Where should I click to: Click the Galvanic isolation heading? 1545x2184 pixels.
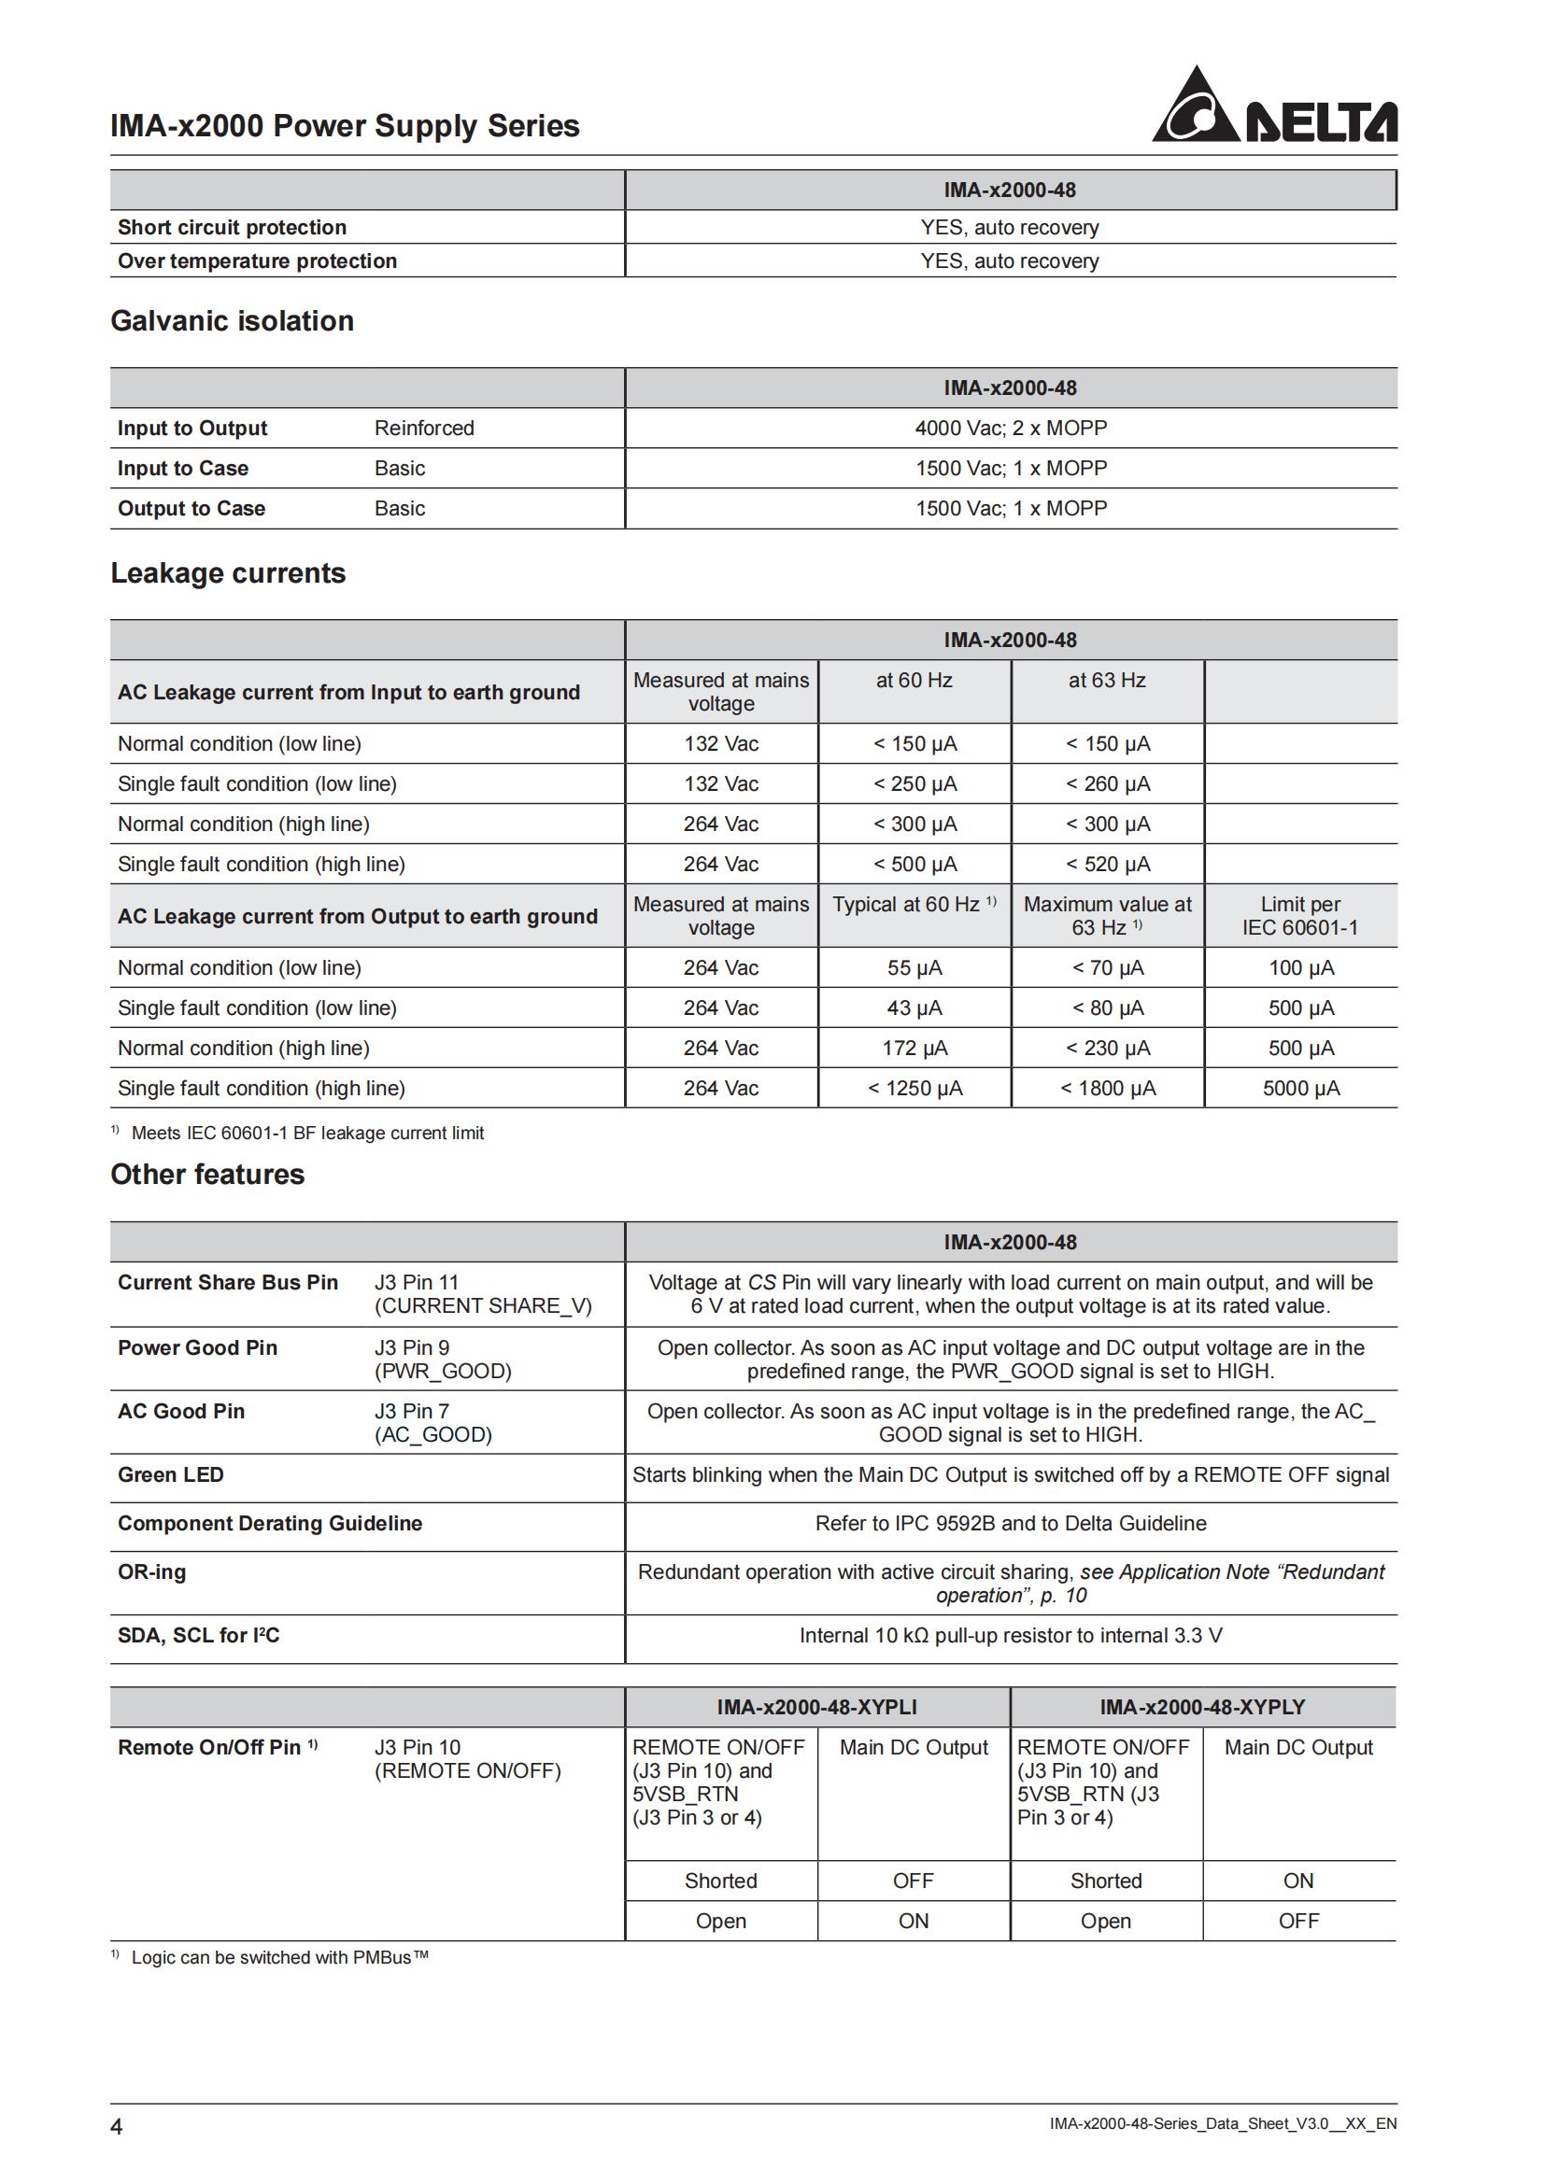coord(233,321)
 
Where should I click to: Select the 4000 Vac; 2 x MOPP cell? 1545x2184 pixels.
coord(1011,428)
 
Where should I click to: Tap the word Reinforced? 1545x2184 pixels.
coord(424,428)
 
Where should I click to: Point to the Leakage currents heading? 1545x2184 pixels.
coord(228,573)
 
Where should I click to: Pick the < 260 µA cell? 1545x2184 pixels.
coord(1108,783)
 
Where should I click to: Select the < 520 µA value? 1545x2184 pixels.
coord(1108,864)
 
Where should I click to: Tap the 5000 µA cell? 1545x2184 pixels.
coord(1300,1088)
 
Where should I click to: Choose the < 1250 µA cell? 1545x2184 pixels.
coord(914,1088)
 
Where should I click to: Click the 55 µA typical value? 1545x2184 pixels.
coord(914,967)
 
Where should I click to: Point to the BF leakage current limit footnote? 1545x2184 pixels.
coord(306,1133)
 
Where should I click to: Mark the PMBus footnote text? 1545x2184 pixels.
coord(279,1958)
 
